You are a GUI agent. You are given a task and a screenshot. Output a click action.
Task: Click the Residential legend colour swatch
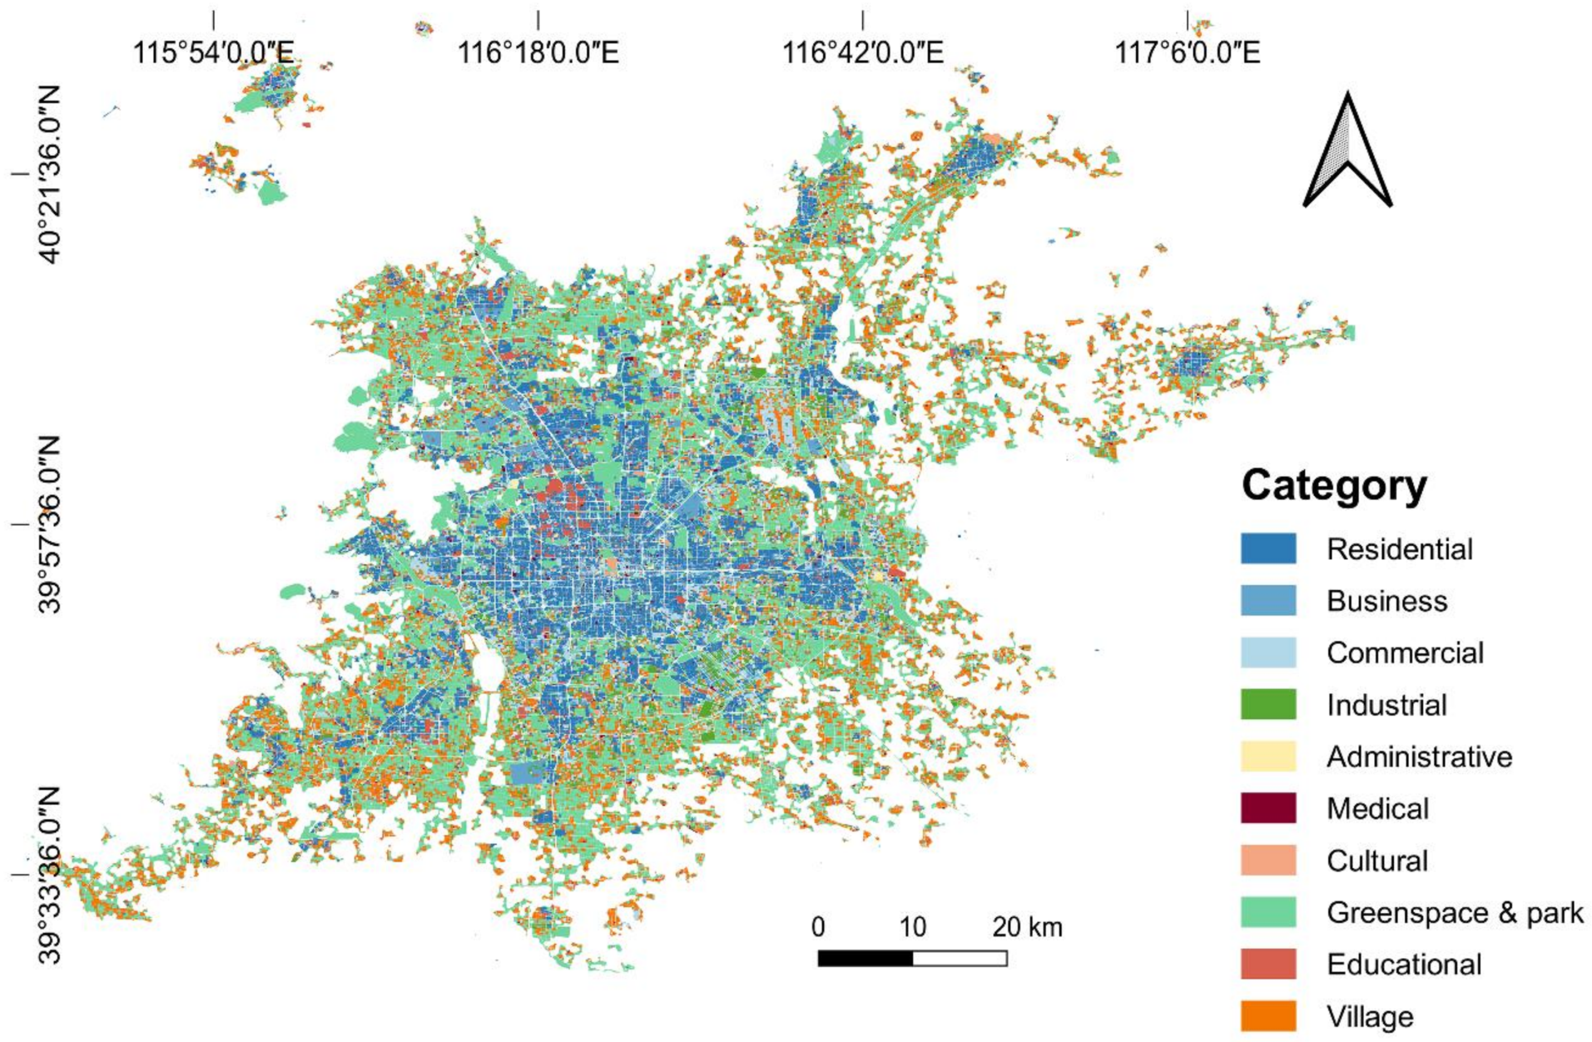pyautogui.click(x=1268, y=548)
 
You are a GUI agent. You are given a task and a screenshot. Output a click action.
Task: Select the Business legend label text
pyautogui.click(x=1387, y=601)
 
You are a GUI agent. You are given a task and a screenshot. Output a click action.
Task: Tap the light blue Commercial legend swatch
pyautogui.click(x=1268, y=653)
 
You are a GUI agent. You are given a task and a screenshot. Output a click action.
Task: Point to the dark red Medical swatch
pyautogui.click(x=1268, y=809)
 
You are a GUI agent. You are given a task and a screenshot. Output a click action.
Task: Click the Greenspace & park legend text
pyautogui.click(x=1455, y=913)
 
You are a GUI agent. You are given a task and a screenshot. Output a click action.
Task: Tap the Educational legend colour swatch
pyautogui.click(x=1268, y=964)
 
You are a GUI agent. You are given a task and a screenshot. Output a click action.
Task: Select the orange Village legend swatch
pyautogui.click(x=1268, y=1017)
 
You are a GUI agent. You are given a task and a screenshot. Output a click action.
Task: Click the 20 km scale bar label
pyautogui.click(x=1027, y=928)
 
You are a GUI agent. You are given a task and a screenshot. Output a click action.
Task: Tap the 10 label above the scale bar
pyautogui.click(x=913, y=928)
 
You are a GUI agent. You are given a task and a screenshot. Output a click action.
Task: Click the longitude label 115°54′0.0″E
pyautogui.click(x=213, y=52)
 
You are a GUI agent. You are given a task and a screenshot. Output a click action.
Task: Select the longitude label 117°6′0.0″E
pyautogui.click(x=1187, y=52)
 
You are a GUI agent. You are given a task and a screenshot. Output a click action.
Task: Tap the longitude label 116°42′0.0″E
pyautogui.click(x=862, y=52)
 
